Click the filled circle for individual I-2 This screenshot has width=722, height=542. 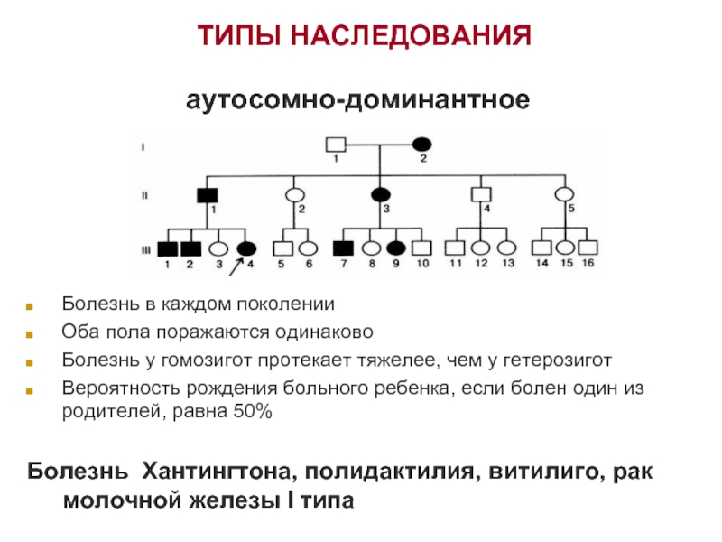[x=421, y=145]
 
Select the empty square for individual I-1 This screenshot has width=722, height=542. [x=336, y=145]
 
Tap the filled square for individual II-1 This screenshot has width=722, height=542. [x=208, y=195]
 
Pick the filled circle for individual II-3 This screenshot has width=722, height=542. [x=380, y=195]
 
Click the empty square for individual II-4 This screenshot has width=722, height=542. [x=481, y=194]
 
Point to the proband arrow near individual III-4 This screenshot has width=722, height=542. [x=236, y=266]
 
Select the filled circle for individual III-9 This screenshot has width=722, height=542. [x=396, y=248]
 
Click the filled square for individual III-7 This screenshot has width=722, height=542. [x=344, y=248]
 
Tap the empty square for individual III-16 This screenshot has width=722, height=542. [x=588, y=248]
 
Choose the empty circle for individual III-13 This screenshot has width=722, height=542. [x=507, y=248]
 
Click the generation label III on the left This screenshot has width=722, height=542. [x=145, y=250]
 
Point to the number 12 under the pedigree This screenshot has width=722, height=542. [x=481, y=263]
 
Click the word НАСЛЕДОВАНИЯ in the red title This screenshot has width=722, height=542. [x=412, y=35]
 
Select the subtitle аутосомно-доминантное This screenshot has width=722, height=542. [x=357, y=99]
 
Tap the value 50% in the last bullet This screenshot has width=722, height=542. [x=253, y=411]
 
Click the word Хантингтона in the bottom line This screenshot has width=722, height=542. [x=217, y=471]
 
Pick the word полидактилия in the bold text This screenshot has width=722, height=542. [x=389, y=472]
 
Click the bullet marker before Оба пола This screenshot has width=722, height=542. [x=30, y=334]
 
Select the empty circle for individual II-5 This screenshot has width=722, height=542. [x=565, y=194]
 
